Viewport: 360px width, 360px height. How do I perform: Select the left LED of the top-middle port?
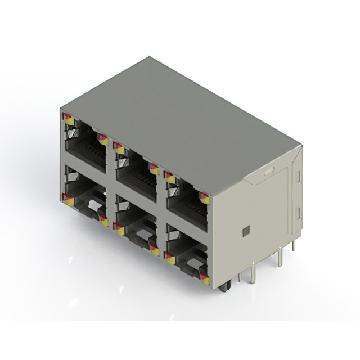(118, 148)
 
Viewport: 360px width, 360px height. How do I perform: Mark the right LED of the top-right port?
(204, 198)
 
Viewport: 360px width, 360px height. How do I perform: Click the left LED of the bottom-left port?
(67, 198)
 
